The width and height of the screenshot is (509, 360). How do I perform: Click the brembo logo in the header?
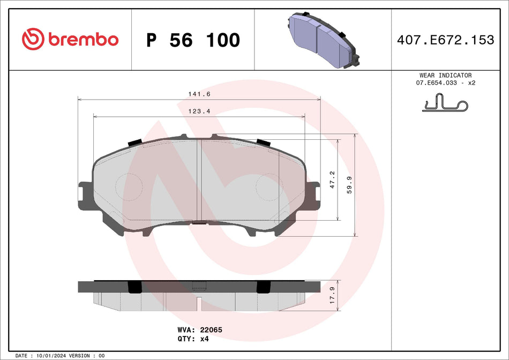[70, 39]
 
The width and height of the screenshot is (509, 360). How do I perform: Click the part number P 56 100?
[193, 40]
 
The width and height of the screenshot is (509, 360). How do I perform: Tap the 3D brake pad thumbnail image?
[324, 40]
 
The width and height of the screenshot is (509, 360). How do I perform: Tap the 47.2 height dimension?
[332, 179]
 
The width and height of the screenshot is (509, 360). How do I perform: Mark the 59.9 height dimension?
[350, 185]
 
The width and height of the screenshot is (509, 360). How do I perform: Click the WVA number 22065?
[211, 330]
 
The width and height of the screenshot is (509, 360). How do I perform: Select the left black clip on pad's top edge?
[134, 142]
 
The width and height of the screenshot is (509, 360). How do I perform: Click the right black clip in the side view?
[263, 287]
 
